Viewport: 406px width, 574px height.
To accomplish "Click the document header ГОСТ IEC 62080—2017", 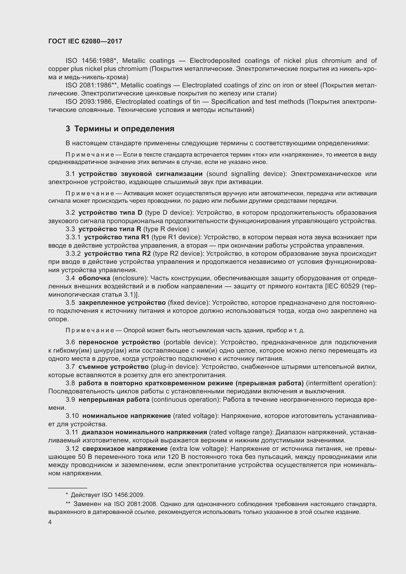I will [85, 41].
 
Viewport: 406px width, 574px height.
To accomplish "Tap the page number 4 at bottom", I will [50, 522].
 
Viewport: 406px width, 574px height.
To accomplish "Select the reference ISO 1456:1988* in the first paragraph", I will [91, 61].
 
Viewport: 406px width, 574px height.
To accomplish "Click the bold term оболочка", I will [94, 278].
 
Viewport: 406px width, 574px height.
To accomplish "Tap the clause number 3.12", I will [72, 449].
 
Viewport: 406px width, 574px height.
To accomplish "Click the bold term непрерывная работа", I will [114, 400].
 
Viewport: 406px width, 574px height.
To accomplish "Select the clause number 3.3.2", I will [73, 254].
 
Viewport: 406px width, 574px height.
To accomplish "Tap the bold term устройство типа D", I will [110, 213].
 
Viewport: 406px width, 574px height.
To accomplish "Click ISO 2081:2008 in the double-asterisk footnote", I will [135, 504].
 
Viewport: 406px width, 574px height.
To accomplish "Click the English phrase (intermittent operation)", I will [341, 383].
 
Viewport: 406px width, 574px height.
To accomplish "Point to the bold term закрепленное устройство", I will [122, 303].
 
